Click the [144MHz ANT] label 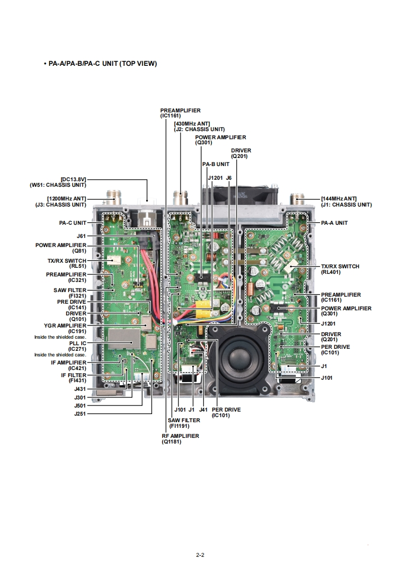pos(346,201)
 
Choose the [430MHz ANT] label pos(192,126)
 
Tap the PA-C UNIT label pos(72,223)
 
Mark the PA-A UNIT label pos(334,223)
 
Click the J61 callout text pos(81,236)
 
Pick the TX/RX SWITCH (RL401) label pos(340,269)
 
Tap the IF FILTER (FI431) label pos(73,378)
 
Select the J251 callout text pos(79,413)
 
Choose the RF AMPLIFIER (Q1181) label pos(180,438)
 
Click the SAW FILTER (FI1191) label pos(184,423)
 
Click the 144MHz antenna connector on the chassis pos(296,198)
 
